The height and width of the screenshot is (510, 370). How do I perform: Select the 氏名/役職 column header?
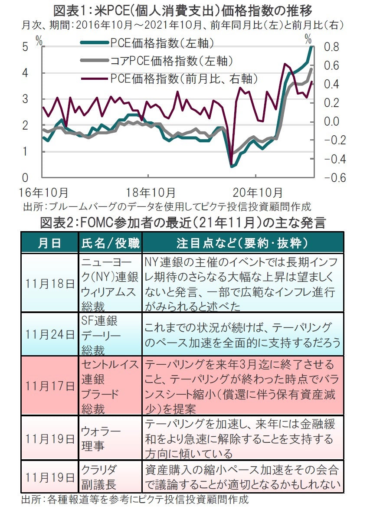[x=111, y=243]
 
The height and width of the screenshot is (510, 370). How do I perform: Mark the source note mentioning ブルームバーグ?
[x=167, y=206]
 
